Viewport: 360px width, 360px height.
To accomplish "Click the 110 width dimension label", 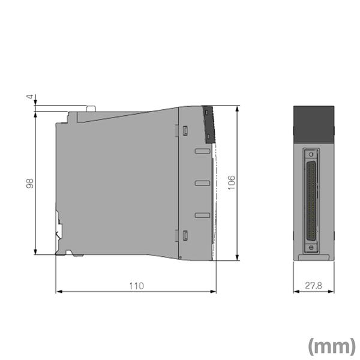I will [136, 286].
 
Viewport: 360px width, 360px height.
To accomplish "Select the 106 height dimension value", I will [232, 183].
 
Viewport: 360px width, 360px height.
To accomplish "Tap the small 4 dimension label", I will [28, 97].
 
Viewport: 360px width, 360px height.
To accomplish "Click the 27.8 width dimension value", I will [314, 286].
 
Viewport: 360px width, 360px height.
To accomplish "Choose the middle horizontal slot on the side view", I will [202, 182].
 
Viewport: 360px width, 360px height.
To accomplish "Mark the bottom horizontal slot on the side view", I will [202, 215].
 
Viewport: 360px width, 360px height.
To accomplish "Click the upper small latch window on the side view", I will [185, 130].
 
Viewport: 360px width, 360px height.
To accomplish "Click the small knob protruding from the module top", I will [91, 109].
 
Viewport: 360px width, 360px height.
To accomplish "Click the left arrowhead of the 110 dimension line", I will [58, 292].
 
